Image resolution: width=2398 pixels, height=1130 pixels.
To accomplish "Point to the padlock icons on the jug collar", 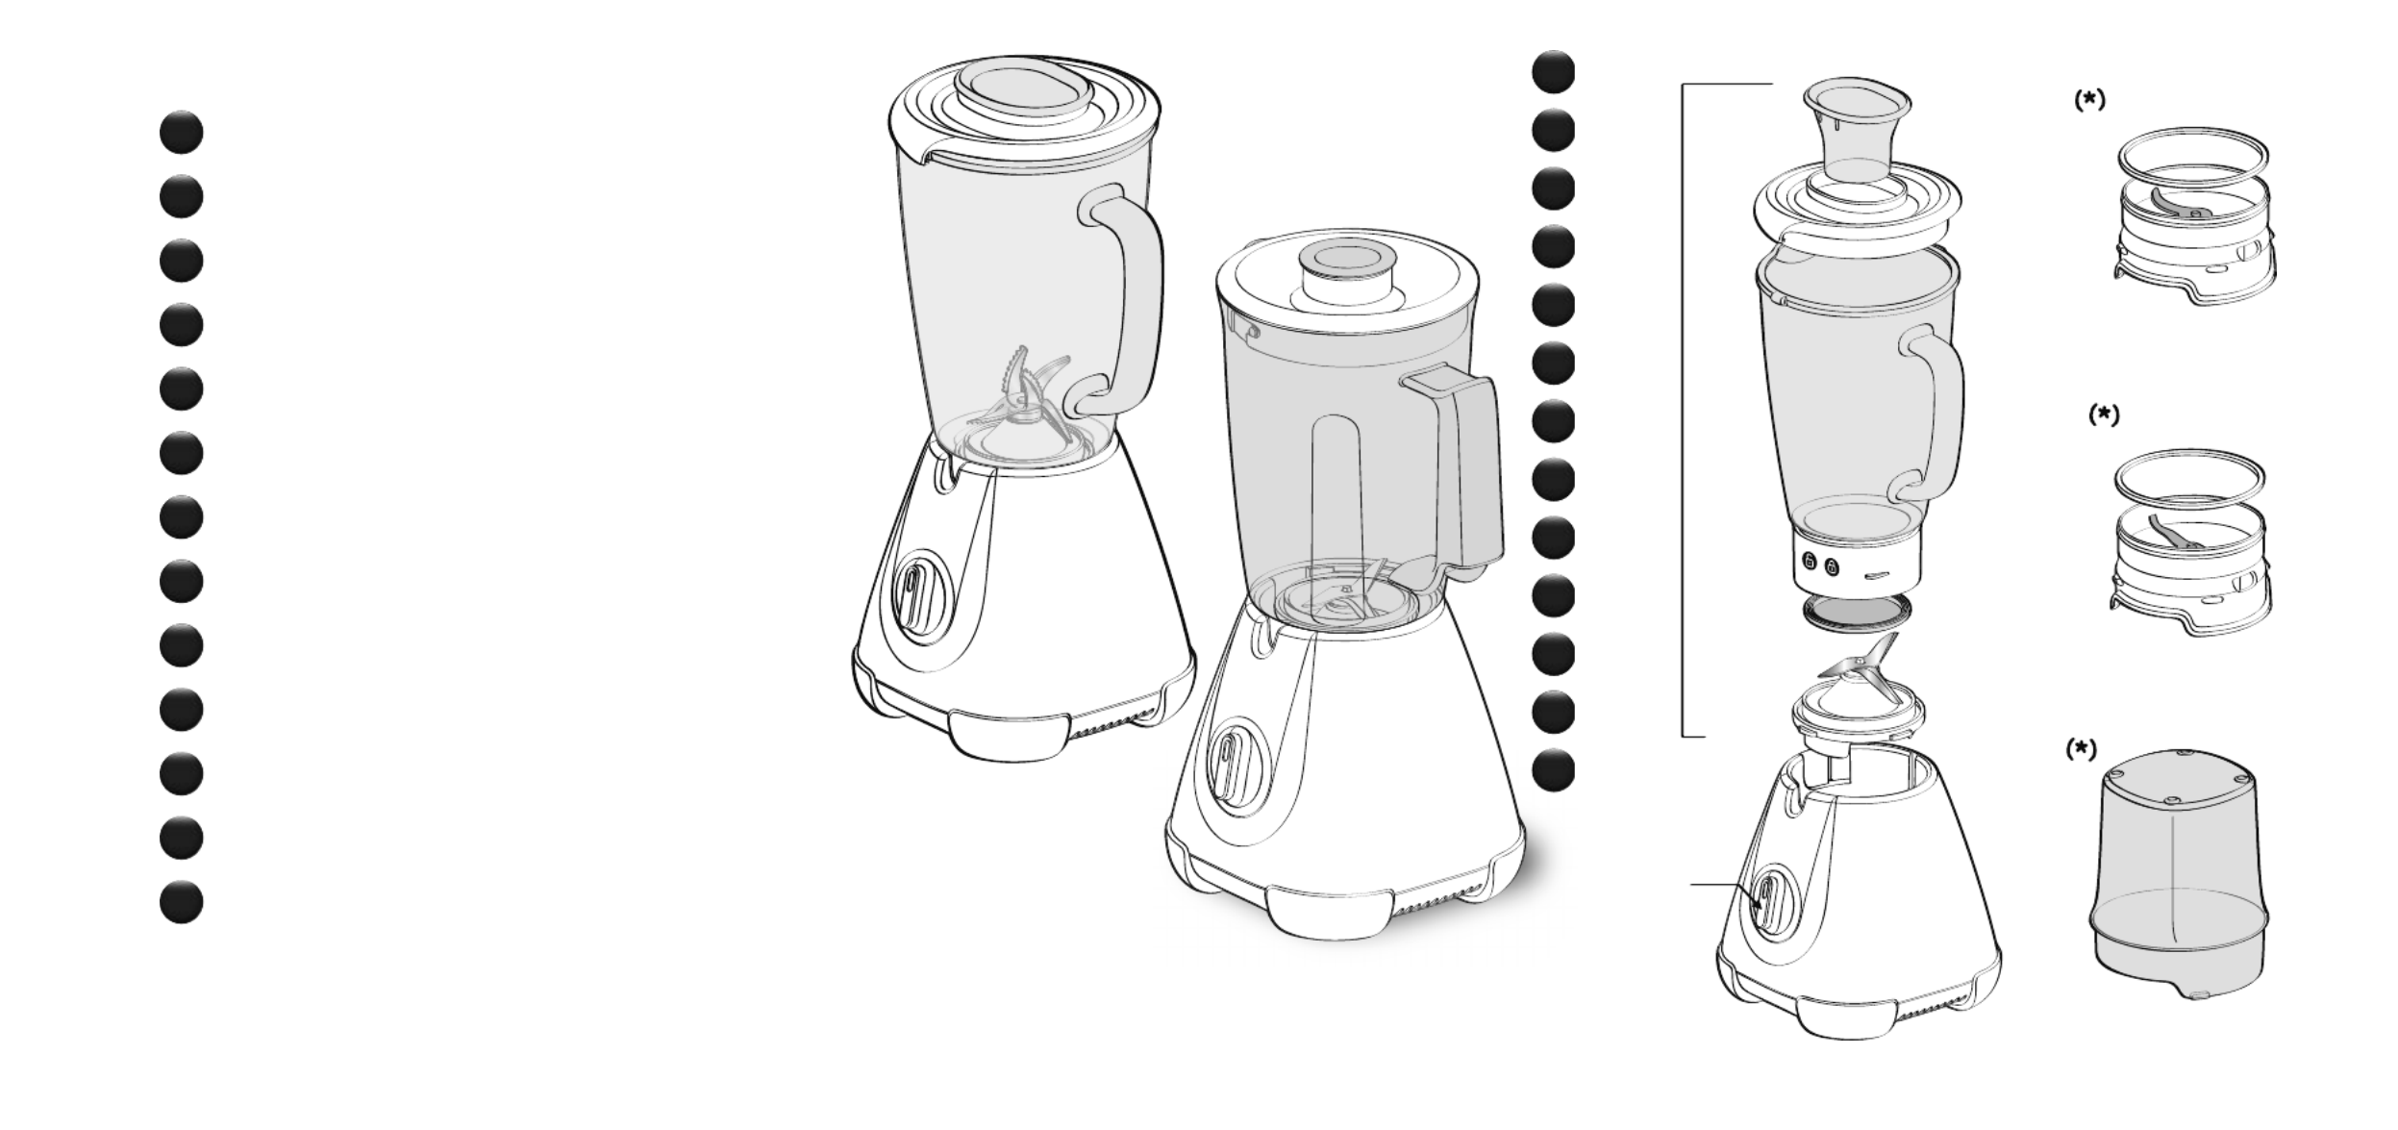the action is pos(1820,565).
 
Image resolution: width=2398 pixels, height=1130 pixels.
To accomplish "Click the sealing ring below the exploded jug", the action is pos(1856,613).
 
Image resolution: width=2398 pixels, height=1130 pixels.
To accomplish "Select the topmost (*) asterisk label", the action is pos(2088,101).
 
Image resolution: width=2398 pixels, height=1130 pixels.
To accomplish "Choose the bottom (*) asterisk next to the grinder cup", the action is pos(2082,750).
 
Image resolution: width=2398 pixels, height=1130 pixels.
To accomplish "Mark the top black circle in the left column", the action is pos(182,133).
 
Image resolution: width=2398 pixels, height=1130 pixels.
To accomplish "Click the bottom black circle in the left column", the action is pos(182,902).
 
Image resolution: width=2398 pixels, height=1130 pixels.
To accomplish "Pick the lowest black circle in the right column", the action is pos(1553,770).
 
